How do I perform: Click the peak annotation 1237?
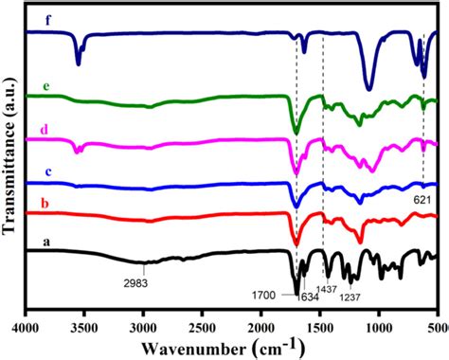(x=351, y=297)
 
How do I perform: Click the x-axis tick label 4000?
(x=26, y=327)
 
